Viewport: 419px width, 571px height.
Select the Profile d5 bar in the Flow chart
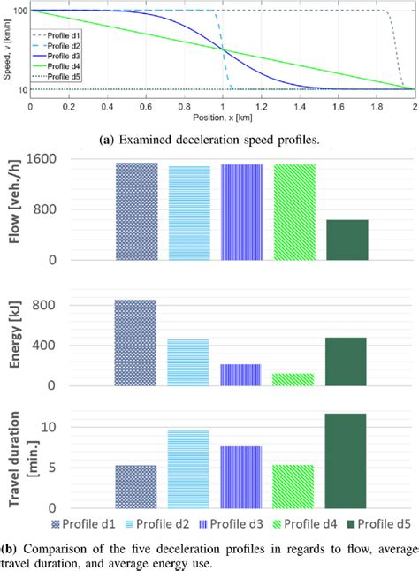click(347, 240)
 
